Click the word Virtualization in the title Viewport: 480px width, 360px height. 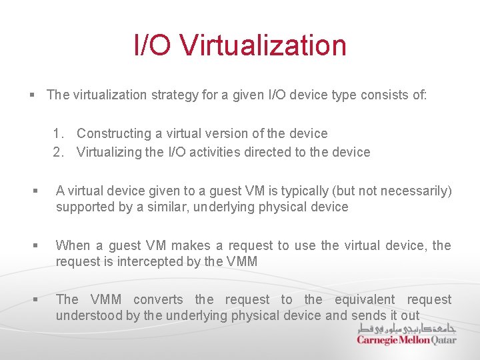(263, 45)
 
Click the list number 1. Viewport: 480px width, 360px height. (59, 133)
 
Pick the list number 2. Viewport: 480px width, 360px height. (59, 152)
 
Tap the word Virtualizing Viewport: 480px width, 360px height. (111, 152)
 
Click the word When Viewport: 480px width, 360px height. (73, 245)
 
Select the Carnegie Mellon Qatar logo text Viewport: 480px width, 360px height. (406, 340)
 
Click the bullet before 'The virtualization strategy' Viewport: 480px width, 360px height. (32, 95)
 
